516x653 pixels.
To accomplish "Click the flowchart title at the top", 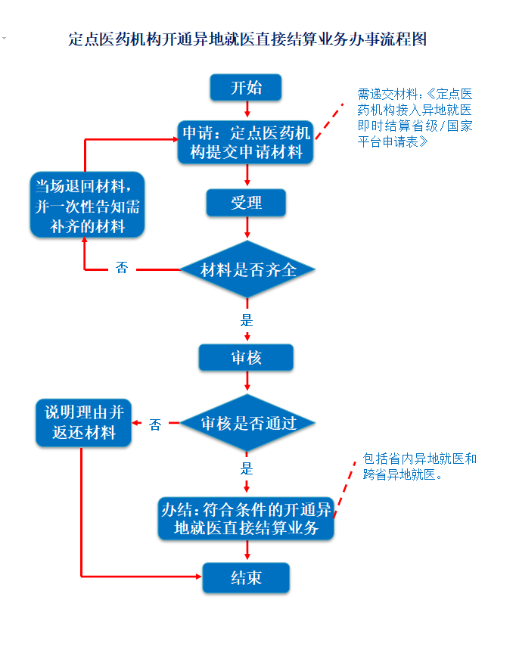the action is [247, 39].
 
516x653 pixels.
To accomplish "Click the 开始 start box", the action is [246, 88].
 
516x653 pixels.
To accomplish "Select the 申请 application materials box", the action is [245, 142].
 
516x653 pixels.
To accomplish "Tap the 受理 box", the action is [246, 203].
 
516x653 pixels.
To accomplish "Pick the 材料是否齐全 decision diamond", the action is [247, 269].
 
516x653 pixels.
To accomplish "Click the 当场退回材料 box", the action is [88, 205].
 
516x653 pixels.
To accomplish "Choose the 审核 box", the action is [246, 357].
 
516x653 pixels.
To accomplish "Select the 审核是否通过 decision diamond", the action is [247, 423].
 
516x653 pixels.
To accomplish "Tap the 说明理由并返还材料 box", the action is [84, 423].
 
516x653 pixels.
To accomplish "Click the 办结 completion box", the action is [246, 518].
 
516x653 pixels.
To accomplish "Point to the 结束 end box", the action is [246, 577].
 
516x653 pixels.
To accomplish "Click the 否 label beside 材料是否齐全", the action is [122, 268].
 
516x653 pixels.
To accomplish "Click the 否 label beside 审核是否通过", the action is [155, 424].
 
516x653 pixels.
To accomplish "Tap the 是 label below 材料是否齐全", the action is [247, 320].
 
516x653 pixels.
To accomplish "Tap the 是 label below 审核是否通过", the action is [247, 469].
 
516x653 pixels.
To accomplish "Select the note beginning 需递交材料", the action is [415, 118].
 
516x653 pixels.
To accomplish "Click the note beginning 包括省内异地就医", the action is [419, 466].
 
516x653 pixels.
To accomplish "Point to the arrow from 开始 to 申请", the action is [247, 109].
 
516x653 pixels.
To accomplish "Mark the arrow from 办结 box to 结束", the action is [247, 550].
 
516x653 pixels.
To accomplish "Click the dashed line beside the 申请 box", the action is [329, 121].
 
